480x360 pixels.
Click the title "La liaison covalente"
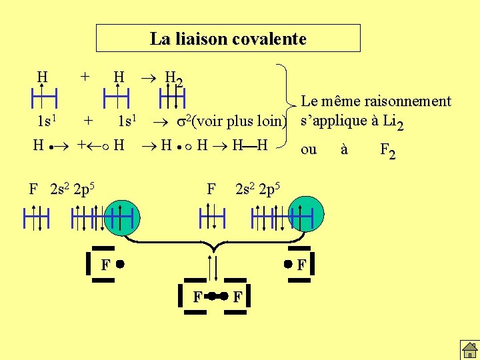[x=228, y=39]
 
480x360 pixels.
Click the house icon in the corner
[x=468, y=349]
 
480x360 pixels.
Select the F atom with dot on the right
[x=297, y=265]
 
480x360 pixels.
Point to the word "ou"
[x=309, y=149]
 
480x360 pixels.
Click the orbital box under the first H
[x=43, y=99]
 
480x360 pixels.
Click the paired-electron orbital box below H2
[x=173, y=99]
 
